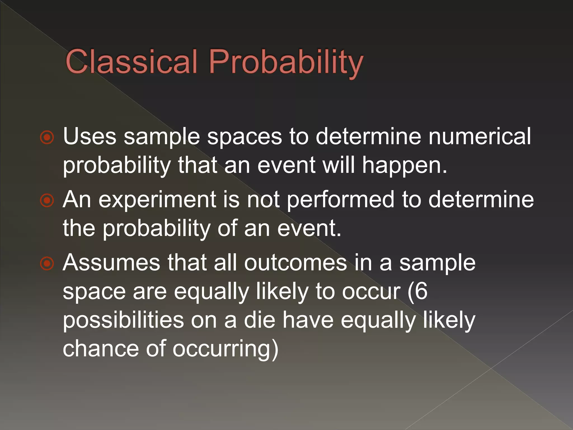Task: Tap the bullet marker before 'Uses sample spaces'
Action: pos(47,137)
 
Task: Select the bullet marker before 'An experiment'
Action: pos(47,200)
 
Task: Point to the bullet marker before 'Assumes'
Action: pos(47,263)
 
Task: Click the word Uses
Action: pos(90,136)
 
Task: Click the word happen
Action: pos(405,166)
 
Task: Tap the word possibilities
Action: pos(123,321)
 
